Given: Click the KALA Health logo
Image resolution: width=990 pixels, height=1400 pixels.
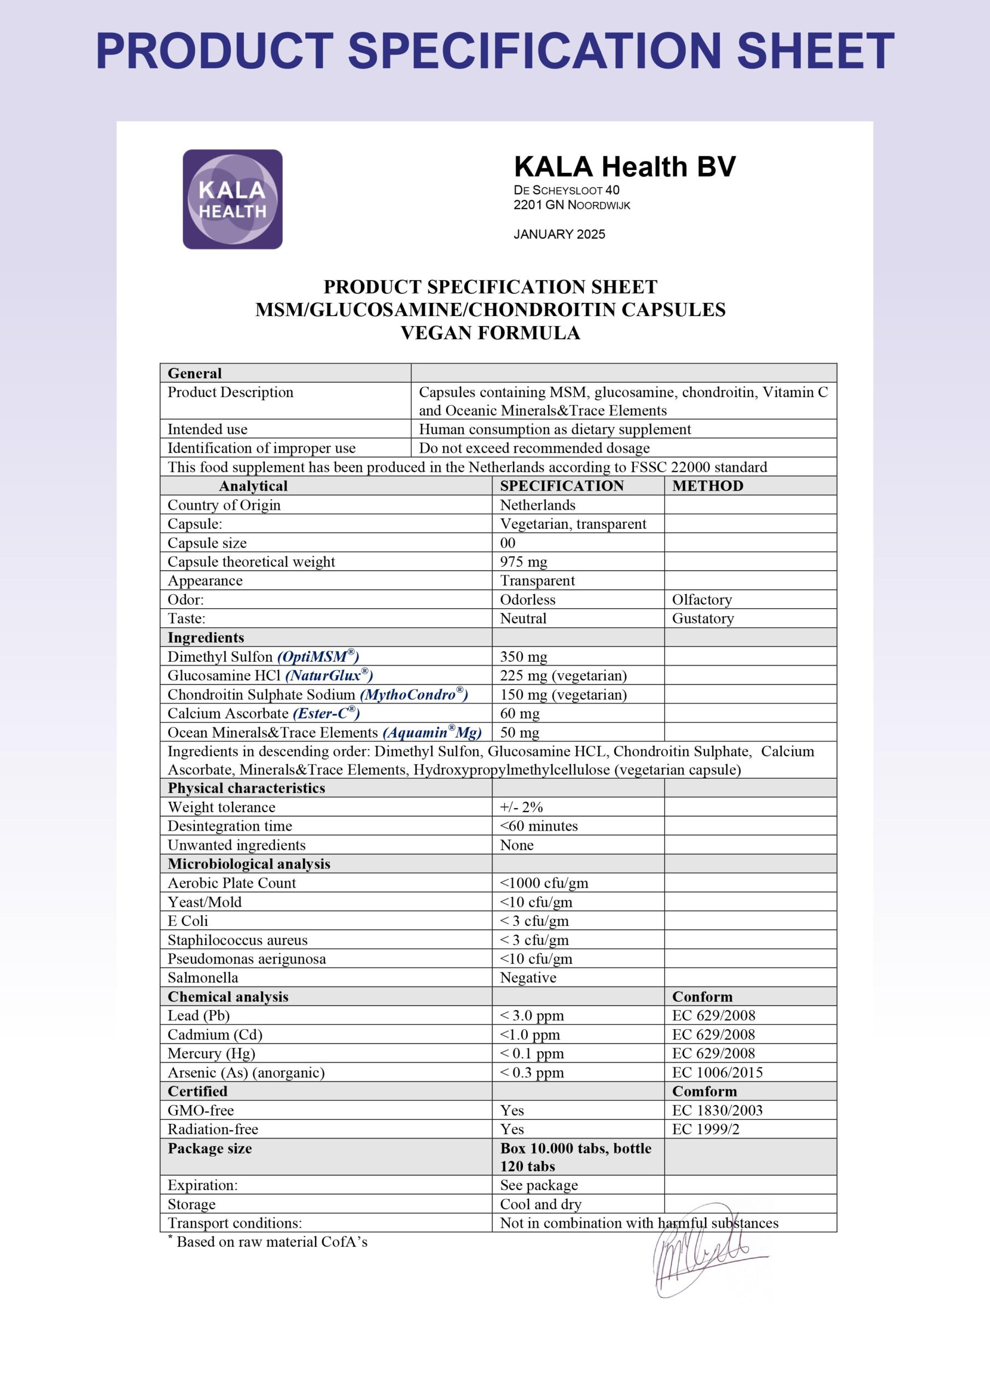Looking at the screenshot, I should click(232, 200).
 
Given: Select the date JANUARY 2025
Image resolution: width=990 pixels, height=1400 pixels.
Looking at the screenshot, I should click(560, 235).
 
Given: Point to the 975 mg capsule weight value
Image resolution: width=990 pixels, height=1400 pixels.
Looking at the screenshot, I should click(523, 562).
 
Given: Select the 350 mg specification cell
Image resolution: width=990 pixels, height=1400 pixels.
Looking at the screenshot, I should click(523, 657).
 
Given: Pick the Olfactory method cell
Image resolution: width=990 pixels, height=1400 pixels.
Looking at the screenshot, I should click(702, 599).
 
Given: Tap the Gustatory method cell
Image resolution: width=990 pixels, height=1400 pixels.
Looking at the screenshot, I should click(703, 619).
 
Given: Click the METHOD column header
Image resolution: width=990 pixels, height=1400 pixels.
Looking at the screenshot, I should click(708, 486).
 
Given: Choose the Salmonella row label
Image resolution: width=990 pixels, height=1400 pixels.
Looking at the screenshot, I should click(202, 977).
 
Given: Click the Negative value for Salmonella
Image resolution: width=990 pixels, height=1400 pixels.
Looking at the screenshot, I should click(528, 977).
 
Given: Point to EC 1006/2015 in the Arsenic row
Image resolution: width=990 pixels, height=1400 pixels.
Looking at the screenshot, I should click(717, 1072).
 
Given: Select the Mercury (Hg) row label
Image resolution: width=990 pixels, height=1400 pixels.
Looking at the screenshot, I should click(211, 1053).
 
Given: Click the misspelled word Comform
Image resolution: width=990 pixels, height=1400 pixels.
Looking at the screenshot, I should click(704, 1091).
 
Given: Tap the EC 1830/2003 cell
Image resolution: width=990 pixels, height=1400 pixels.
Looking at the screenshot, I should click(717, 1110).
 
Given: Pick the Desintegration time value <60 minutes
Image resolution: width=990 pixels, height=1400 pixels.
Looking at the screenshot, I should click(539, 826).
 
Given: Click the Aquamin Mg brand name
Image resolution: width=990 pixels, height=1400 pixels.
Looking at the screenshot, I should click(432, 732).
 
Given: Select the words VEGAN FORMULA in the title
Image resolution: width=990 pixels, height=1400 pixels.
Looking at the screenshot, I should click(490, 333).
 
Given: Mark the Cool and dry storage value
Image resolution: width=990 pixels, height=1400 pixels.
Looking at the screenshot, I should click(540, 1204).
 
